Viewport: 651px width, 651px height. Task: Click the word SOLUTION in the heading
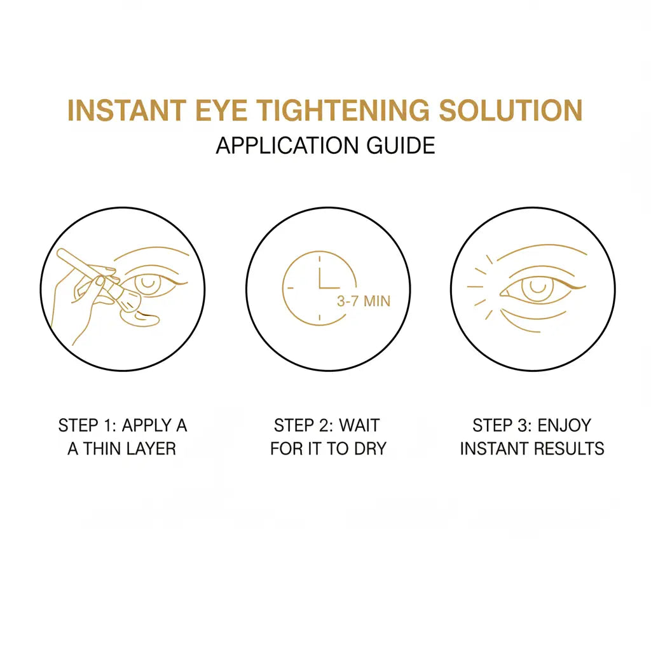[x=511, y=110]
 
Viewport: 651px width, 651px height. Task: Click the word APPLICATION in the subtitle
[x=288, y=146]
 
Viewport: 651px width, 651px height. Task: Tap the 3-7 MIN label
[x=363, y=301]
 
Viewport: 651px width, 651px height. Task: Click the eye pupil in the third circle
[x=536, y=287]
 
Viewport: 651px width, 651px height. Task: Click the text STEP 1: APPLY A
[x=123, y=425]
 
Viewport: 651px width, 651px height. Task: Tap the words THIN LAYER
[x=130, y=449]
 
